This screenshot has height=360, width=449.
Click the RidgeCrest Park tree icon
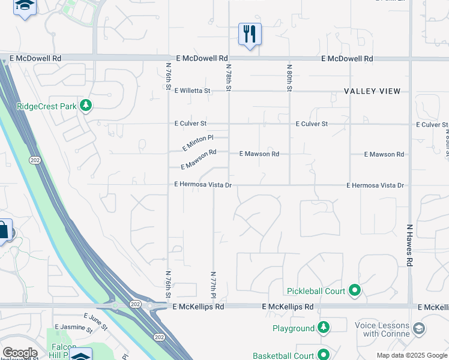[x=86, y=106]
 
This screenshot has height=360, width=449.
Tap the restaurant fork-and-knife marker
[x=250, y=34]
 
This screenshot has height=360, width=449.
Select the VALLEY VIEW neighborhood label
[x=372, y=91]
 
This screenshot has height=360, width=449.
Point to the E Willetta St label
[x=192, y=91]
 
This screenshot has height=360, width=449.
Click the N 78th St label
[x=229, y=78]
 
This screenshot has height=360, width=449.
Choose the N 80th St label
[x=289, y=78]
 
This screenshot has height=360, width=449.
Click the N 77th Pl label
[x=213, y=284]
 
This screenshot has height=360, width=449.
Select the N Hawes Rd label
[x=410, y=245]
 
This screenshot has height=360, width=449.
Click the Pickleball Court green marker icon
[x=355, y=291]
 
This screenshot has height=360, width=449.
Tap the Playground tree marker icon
[x=324, y=328]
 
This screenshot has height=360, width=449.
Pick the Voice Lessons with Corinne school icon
[x=418, y=329]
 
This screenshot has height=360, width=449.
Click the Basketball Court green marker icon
[x=324, y=355]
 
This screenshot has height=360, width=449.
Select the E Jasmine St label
[x=73, y=329]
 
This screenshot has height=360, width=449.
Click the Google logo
[x=19, y=353]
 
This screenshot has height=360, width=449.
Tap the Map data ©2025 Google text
[x=411, y=355]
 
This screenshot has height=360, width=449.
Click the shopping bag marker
[x=4, y=230]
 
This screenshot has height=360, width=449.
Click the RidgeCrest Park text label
[x=47, y=106]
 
